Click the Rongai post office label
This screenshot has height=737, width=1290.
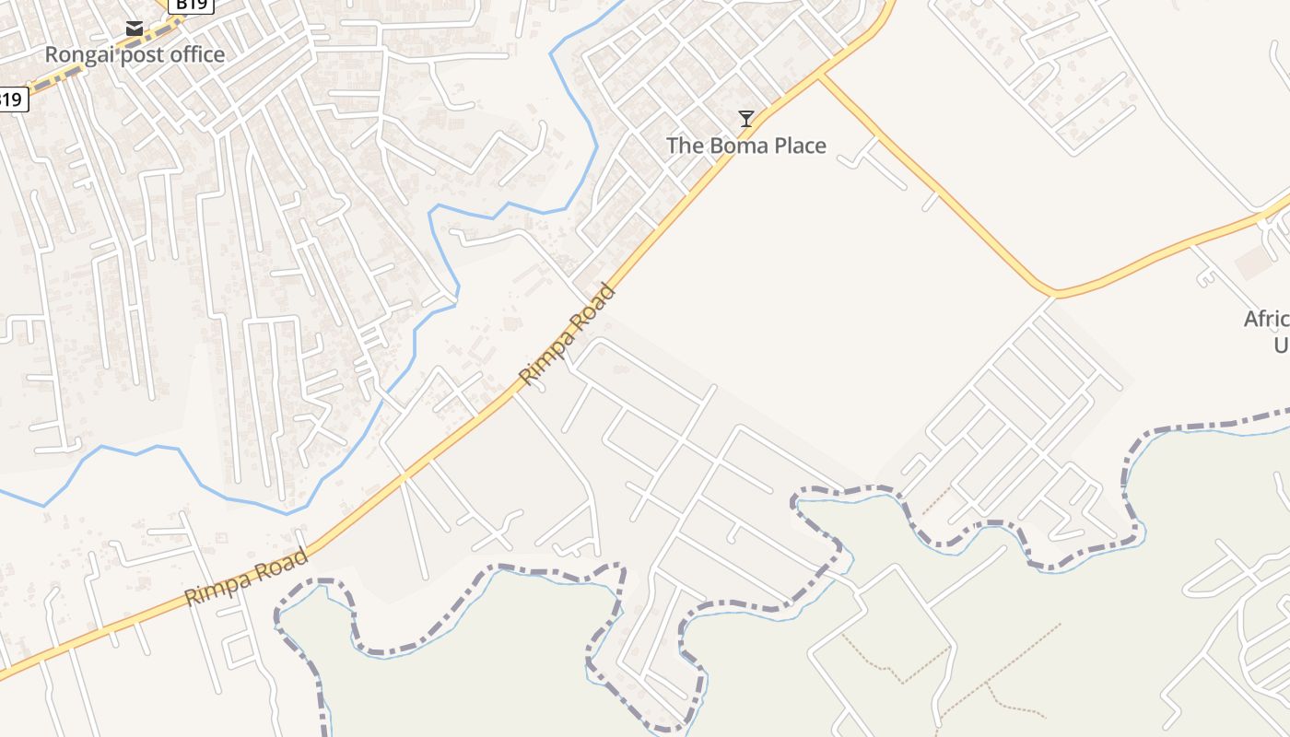(135, 54)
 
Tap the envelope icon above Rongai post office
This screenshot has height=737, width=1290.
(135, 29)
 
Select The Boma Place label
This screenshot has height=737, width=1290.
(745, 146)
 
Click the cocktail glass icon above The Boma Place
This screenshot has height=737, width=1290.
(746, 119)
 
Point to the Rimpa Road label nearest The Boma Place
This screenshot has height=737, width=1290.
(566, 335)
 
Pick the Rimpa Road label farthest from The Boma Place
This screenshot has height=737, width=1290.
(247, 578)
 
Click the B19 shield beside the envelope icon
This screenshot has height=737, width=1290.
(192, 5)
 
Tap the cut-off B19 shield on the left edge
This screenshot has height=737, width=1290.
(12, 99)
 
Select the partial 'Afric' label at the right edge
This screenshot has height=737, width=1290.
(1267, 320)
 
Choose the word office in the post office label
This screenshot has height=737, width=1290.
(194, 54)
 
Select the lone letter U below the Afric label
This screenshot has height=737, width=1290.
(1281, 345)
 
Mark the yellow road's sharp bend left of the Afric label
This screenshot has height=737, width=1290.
(1055, 296)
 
